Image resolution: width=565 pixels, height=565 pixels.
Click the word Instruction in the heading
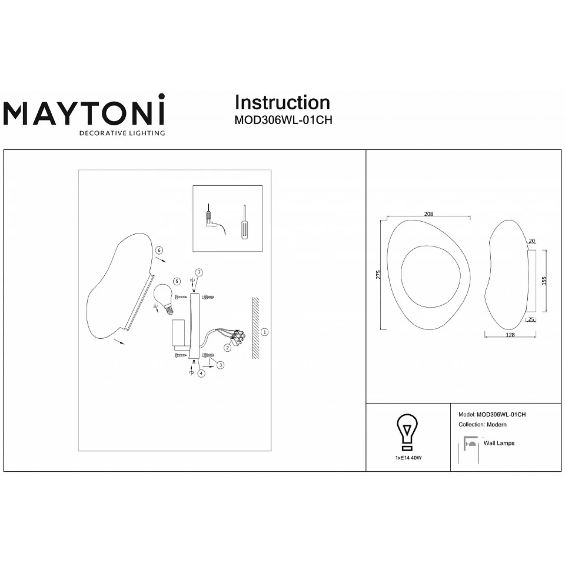282,102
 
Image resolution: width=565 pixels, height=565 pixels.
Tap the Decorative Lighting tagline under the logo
122,133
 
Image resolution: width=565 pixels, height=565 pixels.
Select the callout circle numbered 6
159,250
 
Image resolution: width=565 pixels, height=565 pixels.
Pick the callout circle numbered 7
199,273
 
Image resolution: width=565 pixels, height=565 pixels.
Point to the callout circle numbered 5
177,281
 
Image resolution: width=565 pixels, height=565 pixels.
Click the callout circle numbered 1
265,332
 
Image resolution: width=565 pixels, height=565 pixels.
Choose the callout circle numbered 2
228,348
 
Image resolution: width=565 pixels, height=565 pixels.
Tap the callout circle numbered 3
220,365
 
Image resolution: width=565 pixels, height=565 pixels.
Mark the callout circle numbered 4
202,373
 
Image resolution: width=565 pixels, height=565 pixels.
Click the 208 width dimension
429,214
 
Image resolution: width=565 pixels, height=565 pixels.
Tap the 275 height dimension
379,274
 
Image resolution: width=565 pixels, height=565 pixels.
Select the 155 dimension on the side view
544,281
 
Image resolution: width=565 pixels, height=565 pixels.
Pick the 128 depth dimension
510,335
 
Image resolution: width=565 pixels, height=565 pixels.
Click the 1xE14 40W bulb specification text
408,458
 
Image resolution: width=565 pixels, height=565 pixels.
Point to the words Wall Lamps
499,443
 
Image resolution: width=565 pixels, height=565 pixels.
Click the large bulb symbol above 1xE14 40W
407,432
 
